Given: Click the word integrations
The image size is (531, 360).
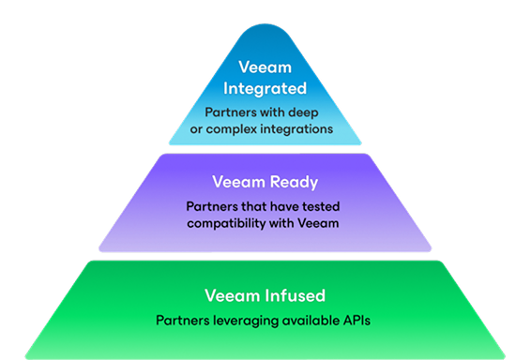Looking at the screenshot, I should click(299, 129).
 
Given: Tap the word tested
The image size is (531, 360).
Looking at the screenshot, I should click(316, 205).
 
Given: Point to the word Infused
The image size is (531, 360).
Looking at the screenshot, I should click(292, 296).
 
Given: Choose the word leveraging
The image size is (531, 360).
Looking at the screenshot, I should click(245, 321).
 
